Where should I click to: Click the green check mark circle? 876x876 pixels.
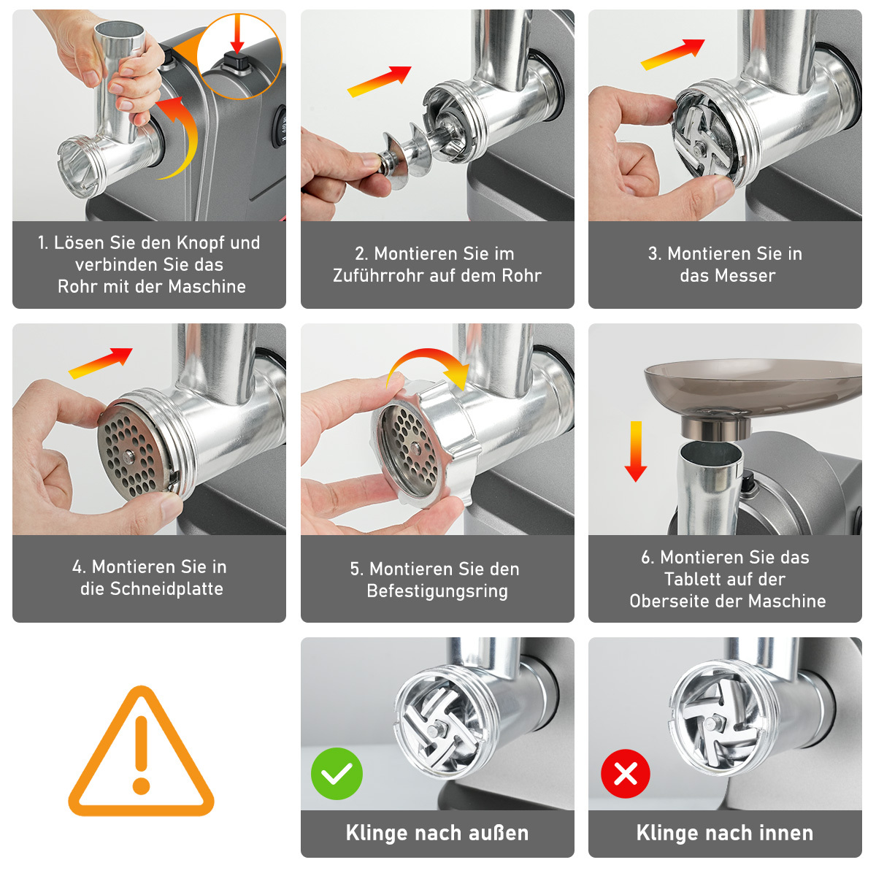point(337,773)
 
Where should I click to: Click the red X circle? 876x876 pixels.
point(626,773)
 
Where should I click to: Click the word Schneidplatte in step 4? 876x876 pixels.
point(166,588)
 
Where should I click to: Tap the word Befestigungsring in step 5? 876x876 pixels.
point(437,591)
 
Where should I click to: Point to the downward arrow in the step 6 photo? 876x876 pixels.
point(636,451)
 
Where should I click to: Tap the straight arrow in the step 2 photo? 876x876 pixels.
point(380,81)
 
